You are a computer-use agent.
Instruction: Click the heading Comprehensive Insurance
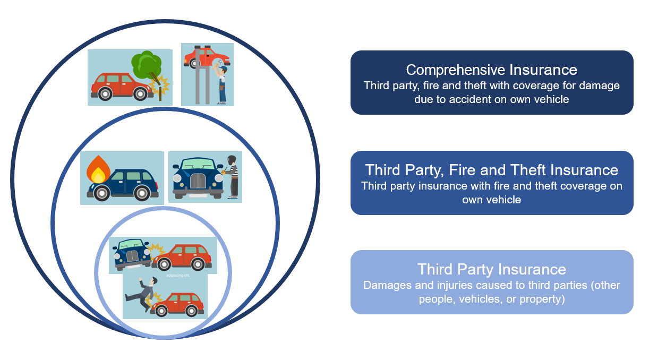coord(491,70)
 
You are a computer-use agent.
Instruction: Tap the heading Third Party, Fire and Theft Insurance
coord(491,170)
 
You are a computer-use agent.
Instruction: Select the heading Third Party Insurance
coord(491,269)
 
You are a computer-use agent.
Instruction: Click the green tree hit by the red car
coord(146,65)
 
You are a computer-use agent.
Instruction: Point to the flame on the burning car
coord(98,168)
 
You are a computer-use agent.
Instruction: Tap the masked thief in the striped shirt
coord(232,175)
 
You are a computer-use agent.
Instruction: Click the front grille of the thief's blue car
coord(198,181)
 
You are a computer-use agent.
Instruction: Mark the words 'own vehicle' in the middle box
coord(491,200)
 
